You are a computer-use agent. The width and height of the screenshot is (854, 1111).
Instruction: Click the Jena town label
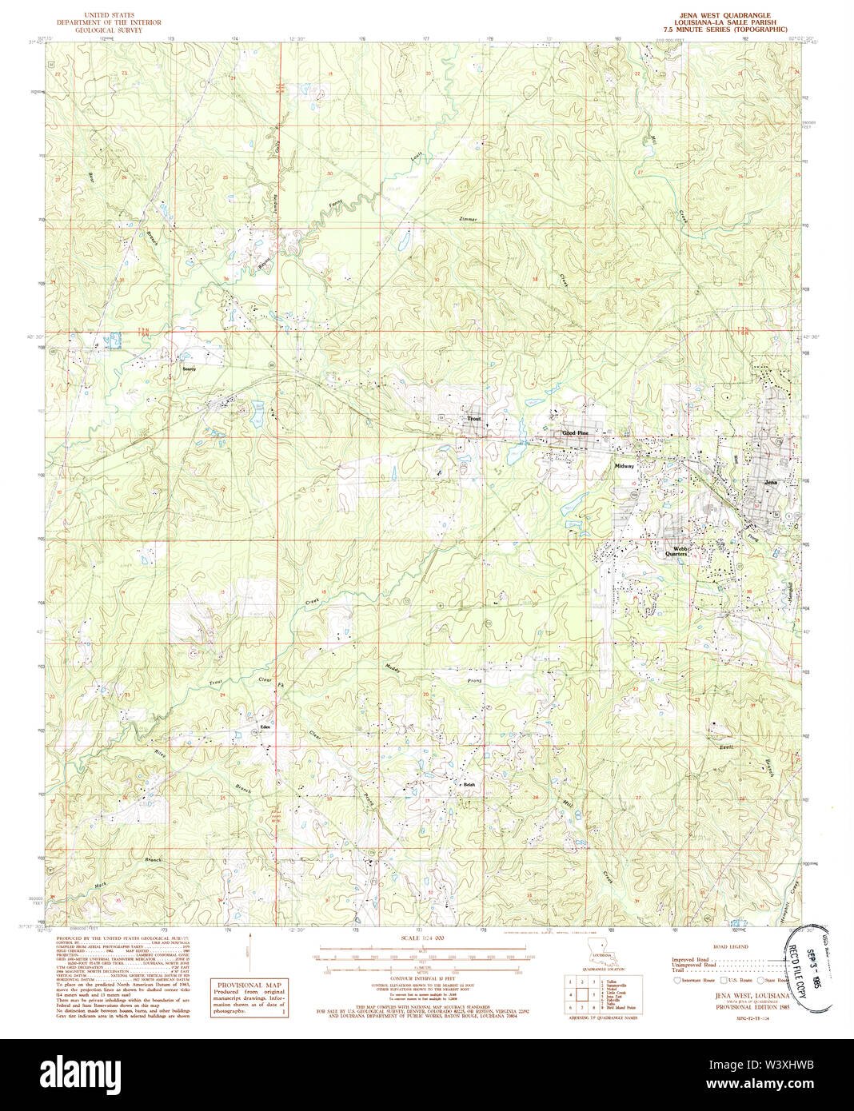[771, 483]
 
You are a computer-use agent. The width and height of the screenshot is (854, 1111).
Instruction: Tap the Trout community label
[474, 418]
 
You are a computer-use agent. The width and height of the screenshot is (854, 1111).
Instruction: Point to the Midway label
[624, 465]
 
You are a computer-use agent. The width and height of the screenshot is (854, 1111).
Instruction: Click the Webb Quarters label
[676, 551]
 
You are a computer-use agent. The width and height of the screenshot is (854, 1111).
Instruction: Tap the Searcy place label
[190, 369]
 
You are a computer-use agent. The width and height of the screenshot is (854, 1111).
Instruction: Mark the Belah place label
[469, 785]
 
